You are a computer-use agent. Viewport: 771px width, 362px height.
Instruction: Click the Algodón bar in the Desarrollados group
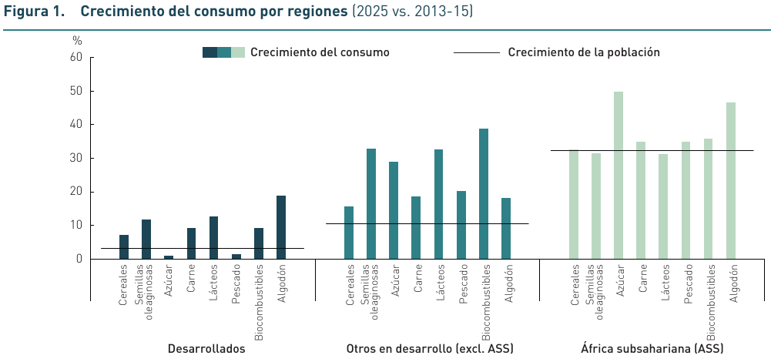coord(281,227)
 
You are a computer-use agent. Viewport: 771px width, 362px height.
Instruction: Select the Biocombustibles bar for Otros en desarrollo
coord(484,193)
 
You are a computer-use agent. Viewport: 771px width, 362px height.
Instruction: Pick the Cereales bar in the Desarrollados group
coord(124,246)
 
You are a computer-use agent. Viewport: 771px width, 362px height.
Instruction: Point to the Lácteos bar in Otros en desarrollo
coord(439,204)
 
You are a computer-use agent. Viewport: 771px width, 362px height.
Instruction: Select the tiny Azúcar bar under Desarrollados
coord(169,256)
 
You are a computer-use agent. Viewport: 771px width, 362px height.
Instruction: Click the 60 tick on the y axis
coord(76,57)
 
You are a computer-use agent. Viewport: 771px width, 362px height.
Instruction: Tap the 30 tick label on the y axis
coord(76,158)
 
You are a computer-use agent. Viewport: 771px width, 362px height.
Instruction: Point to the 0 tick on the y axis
coord(79,259)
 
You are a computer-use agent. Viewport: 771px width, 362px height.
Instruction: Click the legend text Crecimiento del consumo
coord(320,52)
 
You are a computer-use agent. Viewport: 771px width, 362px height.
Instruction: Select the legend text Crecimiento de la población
coord(584,52)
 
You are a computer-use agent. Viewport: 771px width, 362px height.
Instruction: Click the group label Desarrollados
coord(206,348)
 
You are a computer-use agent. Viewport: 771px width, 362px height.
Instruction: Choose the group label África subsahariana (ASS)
coord(652,348)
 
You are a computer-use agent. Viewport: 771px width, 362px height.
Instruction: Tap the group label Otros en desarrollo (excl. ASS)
coord(430,348)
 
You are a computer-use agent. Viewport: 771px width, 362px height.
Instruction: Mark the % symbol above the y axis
coord(76,39)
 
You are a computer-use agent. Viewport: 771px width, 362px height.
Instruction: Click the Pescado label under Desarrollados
coord(236,285)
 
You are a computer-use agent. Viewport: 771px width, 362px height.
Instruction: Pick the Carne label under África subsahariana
coord(642,280)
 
